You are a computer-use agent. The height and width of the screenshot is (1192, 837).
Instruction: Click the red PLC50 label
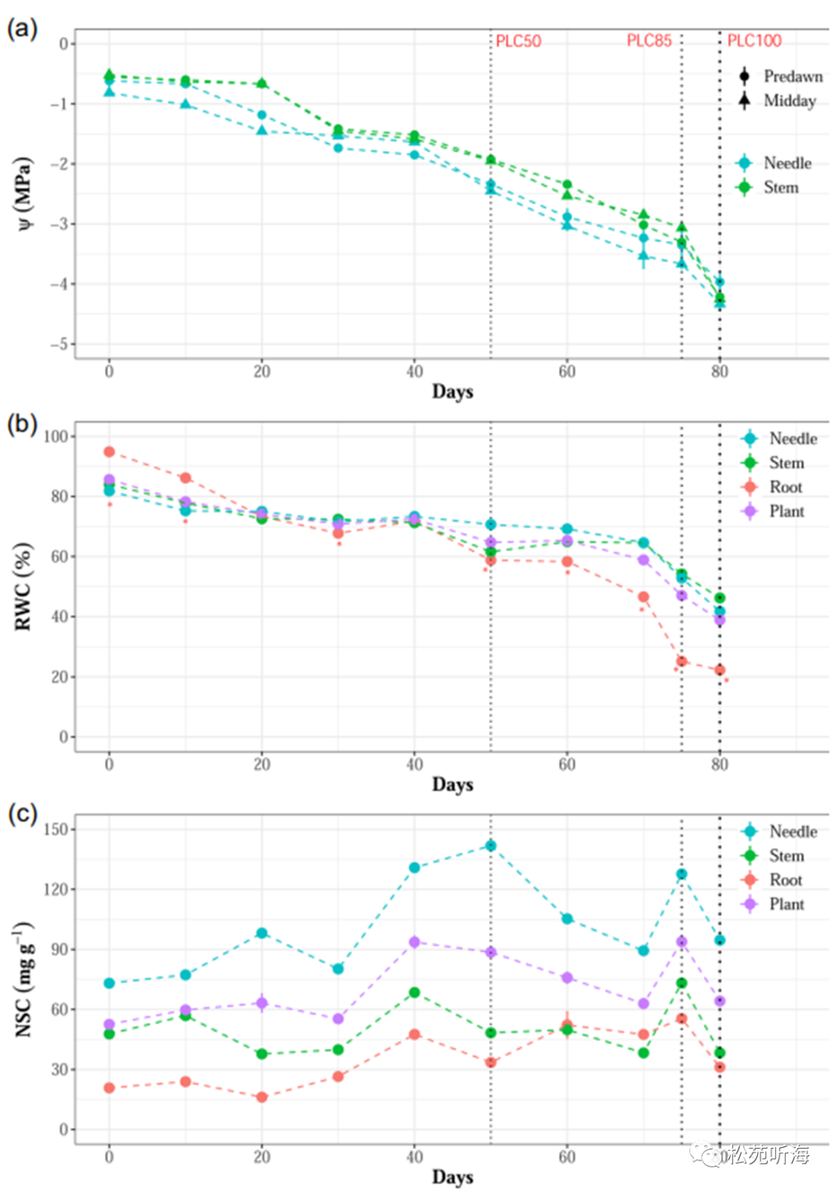tap(518, 41)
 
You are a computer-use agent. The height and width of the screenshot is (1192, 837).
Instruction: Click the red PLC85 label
tap(649, 41)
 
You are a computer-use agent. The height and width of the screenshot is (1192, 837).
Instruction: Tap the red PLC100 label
tap(754, 41)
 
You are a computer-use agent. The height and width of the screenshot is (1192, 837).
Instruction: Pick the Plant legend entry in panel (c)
tap(774, 904)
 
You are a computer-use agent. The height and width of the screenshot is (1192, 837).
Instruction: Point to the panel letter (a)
tap(22, 29)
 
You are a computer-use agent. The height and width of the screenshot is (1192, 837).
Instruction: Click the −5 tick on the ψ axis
tap(60, 344)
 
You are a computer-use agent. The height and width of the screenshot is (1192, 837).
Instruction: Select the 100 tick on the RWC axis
tap(55, 436)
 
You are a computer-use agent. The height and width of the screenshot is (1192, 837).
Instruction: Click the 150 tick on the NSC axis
tap(55, 829)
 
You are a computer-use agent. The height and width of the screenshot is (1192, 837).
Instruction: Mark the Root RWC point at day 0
tap(109, 452)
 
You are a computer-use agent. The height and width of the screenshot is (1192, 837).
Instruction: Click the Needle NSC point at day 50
tap(491, 846)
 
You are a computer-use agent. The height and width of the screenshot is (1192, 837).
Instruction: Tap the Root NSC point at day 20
tap(262, 1097)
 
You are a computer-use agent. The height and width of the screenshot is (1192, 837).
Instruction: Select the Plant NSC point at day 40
tap(415, 942)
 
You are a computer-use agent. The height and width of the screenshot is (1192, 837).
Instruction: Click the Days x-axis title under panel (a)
tap(453, 391)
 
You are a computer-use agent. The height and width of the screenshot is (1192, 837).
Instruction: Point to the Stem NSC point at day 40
tap(415, 992)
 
